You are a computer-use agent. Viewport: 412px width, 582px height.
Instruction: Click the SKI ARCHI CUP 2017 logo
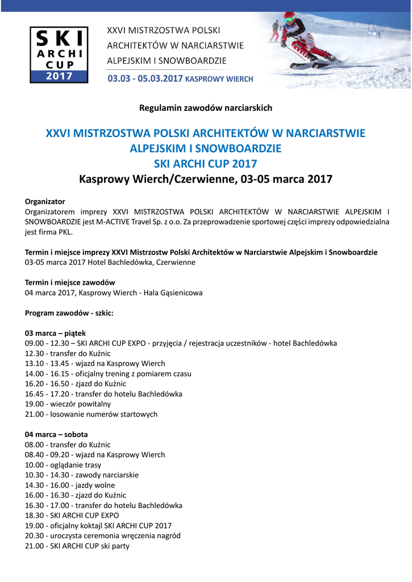coord(59,55)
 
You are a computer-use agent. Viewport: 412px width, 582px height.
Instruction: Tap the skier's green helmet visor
coord(289,21)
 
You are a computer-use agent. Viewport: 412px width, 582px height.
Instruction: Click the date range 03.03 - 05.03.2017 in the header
coord(145,79)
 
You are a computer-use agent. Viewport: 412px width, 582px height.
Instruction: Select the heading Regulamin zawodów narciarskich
coord(206,107)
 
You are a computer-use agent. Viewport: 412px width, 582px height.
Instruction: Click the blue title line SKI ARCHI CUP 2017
coord(206,164)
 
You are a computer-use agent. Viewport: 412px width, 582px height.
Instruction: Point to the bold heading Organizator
coord(45,201)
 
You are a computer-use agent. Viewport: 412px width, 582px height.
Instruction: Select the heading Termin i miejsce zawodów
coord(70,282)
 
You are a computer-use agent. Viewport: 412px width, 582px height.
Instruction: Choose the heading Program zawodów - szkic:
coord(69,313)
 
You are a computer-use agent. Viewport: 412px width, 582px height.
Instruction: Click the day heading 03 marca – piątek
coord(55,333)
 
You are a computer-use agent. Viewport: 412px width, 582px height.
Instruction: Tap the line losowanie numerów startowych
coord(91,414)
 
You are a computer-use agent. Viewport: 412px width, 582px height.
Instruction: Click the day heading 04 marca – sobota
coord(56,434)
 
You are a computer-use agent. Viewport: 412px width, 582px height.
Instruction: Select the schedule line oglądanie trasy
coord(63,465)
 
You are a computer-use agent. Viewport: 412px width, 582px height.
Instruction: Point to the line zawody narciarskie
coord(82,475)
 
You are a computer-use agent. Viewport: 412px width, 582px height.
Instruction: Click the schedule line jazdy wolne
coord(70,485)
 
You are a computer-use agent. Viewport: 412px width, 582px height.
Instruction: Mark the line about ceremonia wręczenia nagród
coord(103,536)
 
